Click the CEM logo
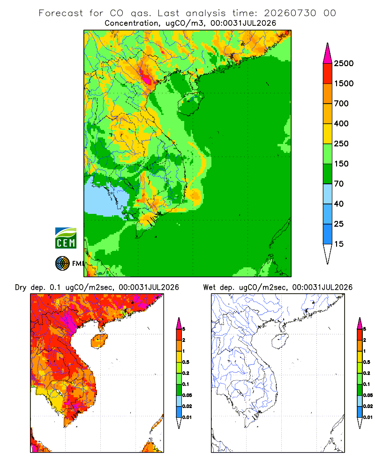click(x=66, y=238)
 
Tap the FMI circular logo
click(x=62, y=264)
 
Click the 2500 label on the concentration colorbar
click(x=344, y=63)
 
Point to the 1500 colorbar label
click(x=344, y=83)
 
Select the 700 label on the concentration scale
click(x=341, y=104)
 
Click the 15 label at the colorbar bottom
click(x=339, y=244)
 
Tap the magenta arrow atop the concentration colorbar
click(x=328, y=53)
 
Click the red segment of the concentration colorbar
click(x=328, y=74)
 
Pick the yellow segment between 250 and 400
click(x=328, y=134)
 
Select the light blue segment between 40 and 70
click(x=328, y=194)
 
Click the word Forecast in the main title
click(x=61, y=13)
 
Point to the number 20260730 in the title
click(x=290, y=13)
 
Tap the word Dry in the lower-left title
click(x=21, y=288)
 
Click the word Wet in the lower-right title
click(x=210, y=287)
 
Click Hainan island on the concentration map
click(x=190, y=104)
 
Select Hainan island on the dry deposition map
click(x=99, y=341)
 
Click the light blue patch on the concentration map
click(x=105, y=198)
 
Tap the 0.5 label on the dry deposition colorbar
click(x=186, y=362)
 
